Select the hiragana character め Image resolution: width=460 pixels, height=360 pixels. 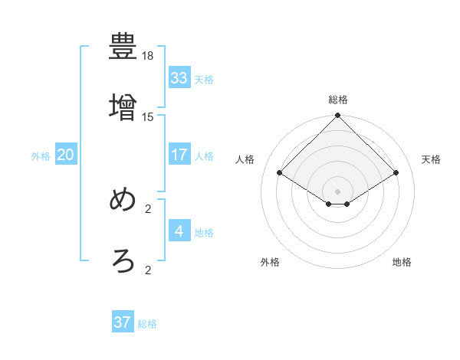coord(123,200)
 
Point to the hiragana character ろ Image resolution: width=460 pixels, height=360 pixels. coord(123,261)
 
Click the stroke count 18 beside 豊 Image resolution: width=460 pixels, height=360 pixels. coord(148,56)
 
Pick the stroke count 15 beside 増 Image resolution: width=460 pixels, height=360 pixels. coord(148,116)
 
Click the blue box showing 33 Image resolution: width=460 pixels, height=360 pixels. coord(179,78)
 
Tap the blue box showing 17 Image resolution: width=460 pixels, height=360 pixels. coord(179,155)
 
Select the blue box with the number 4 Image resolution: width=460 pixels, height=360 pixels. coord(179,231)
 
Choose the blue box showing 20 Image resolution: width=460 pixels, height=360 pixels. coord(66,155)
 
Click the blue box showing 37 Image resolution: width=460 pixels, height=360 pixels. coord(123,322)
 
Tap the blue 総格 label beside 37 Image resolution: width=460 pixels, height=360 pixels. coord(147,324)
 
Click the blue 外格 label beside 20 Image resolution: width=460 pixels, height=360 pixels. coord(41,156)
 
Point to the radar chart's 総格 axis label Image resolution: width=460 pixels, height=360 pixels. coord(338,100)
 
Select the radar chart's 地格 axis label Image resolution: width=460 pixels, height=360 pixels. coord(402,262)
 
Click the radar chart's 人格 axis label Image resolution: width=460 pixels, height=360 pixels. coord(245,159)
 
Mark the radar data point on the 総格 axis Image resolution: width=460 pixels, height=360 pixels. coord(338,116)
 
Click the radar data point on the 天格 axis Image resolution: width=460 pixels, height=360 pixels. coord(396,173)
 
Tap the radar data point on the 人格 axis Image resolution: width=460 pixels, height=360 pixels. coord(280,173)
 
